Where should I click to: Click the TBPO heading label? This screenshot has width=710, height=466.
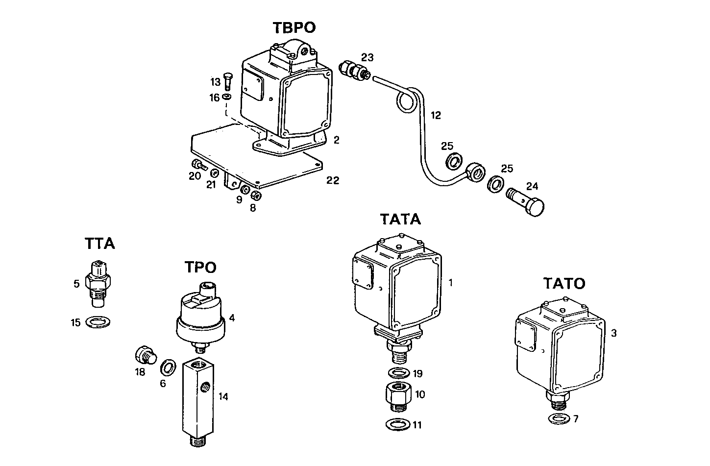294,27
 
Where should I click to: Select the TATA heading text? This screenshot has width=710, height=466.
400,219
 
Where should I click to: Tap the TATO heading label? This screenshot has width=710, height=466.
563,283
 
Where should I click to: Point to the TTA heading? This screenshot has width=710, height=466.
99,243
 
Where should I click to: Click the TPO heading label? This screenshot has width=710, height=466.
200,267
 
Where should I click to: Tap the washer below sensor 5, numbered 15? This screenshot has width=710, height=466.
98,322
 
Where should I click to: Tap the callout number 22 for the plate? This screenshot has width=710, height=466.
333,180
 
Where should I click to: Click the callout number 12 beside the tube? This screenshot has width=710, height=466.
436,116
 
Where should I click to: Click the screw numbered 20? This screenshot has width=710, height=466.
198,165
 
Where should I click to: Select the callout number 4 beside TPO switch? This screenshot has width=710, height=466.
231,318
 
